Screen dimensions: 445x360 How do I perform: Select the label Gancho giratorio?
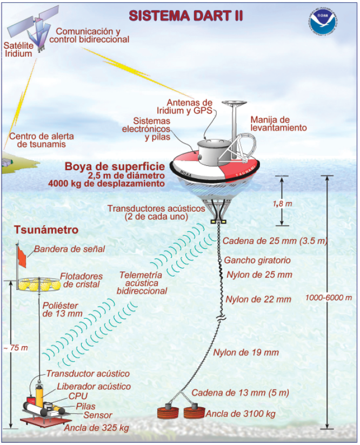pyautogui.click(x=257, y=260)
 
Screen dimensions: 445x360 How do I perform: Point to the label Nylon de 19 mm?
pyautogui.click(x=246, y=353)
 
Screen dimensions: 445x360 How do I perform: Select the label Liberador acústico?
pyautogui.click(x=94, y=386)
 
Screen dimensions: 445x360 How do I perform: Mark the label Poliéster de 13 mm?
pyautogui.click(x=62, y=308)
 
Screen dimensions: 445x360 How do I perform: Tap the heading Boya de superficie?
pyautogui.click(x=105, y=166)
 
